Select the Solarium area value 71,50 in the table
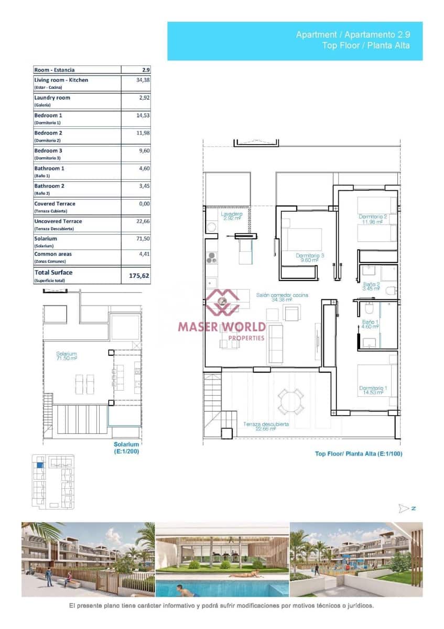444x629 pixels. click(143, 238)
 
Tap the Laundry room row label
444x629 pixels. click(52, 97)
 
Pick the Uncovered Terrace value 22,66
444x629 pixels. click(143, 221)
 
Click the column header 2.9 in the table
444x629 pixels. click(146, 70)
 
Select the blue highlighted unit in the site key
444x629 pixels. click(39, 464)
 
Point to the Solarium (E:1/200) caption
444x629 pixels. click(126, 448)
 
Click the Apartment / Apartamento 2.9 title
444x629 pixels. click(352, 35)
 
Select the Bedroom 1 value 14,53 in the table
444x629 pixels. click(143, 115)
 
